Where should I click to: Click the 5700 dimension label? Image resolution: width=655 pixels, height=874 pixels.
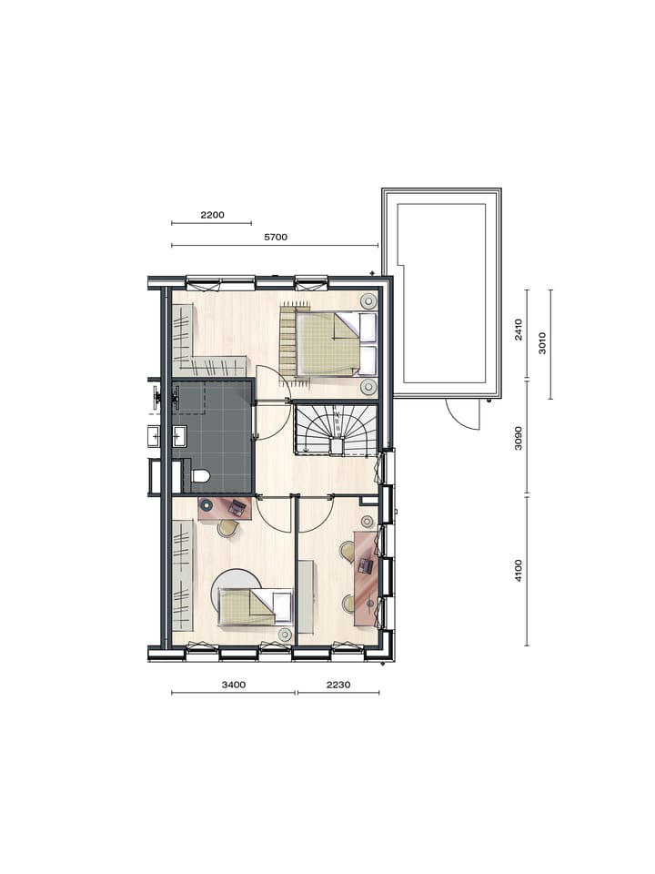[275, 237]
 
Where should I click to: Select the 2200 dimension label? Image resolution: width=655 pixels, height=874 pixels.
[211, 215]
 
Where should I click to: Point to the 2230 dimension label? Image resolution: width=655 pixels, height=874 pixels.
[338, 684]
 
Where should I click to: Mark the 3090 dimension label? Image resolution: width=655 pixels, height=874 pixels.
[519, 438]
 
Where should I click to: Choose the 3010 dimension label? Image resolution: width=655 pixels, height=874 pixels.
[542, 343]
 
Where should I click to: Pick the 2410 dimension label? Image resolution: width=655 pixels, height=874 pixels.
[519, 330]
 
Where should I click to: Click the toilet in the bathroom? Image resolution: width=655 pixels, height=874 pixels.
[199, 475]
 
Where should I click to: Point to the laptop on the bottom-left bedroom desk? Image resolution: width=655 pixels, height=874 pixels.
[237, 507]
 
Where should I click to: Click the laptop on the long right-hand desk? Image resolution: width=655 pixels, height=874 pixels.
[366, 566]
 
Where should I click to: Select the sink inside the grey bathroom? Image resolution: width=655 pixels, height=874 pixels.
[178, 436]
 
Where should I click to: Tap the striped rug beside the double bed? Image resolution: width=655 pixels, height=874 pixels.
[289, 340]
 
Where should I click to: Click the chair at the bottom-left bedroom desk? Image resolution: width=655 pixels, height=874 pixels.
[227, 527]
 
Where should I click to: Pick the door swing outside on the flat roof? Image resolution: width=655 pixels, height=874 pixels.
[464, 415]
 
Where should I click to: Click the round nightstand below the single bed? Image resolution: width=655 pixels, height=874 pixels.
[285, 634]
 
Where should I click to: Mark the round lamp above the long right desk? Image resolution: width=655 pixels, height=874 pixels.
[367, 522]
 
